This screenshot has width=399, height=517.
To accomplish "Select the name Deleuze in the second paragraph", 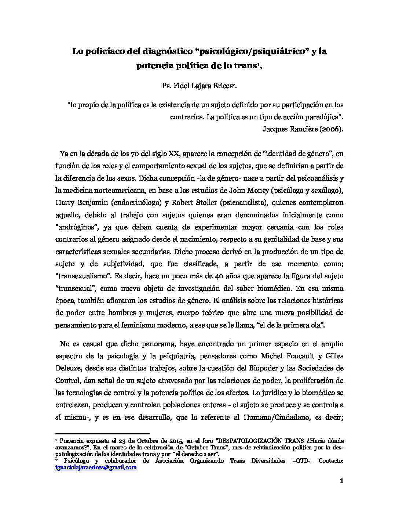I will pos(70,368).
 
